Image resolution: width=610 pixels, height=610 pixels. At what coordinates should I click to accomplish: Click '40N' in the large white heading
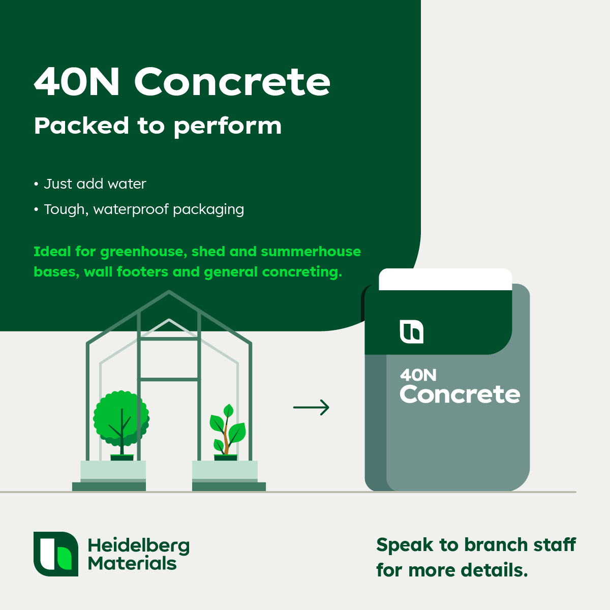[x=77, y=81]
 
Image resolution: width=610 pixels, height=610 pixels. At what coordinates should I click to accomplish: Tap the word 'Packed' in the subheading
[x=81, y=126]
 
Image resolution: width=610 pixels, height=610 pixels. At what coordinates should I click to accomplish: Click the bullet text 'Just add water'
[x=95, y=184]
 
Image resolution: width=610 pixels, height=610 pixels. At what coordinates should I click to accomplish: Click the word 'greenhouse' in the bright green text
[x=144, y=252]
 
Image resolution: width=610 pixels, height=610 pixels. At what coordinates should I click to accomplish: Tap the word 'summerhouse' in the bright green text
[x=311, y=252]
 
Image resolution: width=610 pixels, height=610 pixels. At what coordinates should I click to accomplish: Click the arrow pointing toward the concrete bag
[x=311, y=407]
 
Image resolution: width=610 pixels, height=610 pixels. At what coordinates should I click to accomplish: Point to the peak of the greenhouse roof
[x=169, y=291]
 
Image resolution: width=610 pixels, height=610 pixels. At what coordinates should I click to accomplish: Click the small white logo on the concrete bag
[x=412, y=331]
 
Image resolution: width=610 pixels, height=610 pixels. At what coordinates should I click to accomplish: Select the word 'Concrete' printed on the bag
[x=460, y=394]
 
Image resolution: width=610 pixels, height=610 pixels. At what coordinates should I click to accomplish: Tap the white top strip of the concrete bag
[x=445, y=279]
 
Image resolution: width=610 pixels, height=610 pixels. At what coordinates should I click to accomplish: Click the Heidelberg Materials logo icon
[x=56, y=554]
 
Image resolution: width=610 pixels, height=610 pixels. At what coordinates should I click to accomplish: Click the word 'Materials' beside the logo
[x=132, y=564]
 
